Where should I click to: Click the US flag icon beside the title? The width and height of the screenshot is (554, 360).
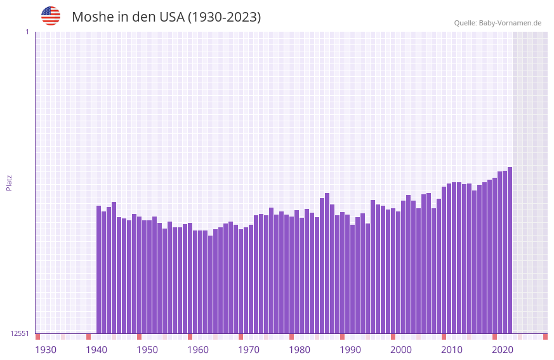(x=51, y=16)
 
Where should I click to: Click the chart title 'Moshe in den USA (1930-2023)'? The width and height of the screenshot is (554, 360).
(x=166, y=17)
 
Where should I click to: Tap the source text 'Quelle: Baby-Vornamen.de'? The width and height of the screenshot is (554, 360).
(x=498, y=23)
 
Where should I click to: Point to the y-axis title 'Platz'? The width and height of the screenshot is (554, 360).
(x=9, y=182)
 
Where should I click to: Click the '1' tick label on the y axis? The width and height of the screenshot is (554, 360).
(x=27, y=32)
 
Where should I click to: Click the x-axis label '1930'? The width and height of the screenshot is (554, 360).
(x=46, y=350)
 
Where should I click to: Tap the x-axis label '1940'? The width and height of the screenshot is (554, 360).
(x=96, y=350)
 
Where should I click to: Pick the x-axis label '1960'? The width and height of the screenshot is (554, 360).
(x=198, y=350)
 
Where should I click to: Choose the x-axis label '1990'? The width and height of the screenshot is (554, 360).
(x=350, y=350)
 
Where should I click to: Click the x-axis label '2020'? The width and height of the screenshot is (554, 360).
(x=503, y=350)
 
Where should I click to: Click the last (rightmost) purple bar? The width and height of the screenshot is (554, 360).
(x=510, y=250)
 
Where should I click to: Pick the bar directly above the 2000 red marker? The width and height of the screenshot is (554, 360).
(x=393, y=270)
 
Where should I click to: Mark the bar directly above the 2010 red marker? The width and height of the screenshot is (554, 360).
(x=444, y=260)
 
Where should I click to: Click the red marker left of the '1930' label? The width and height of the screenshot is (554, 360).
(x=37, y=337)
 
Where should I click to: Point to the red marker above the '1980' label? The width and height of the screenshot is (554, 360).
(x=291, y=337)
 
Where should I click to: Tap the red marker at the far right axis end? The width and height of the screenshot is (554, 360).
(x=545, y=337)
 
